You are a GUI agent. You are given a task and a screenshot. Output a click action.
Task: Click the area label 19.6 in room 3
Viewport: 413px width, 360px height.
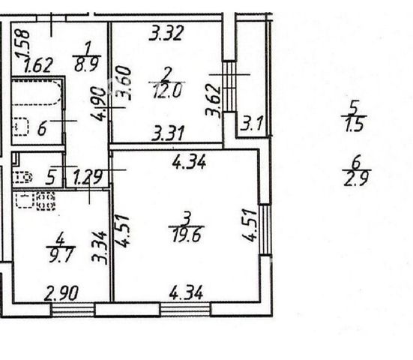tap(187, 235)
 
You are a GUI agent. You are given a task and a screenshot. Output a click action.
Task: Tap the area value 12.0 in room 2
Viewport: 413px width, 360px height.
tap(167, 91)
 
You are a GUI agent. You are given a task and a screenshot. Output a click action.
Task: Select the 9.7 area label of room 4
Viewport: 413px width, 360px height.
tap(61, 254)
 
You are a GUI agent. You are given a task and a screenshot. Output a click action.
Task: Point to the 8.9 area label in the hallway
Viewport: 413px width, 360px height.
tap(87, 64)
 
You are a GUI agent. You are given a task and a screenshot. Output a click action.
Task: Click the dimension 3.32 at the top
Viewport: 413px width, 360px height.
tap(166, 33)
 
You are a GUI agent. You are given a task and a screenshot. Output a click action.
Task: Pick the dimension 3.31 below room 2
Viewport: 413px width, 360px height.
tap(168, 133)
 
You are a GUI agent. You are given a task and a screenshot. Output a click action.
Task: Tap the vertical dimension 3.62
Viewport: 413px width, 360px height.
tap(213, 100)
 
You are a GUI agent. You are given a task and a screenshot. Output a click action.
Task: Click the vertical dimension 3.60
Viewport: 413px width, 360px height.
tap(124, 82)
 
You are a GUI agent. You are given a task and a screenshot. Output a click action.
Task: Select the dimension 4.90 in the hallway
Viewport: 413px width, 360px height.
tap(98, 104)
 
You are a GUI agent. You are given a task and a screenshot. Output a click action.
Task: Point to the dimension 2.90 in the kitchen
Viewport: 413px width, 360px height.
tap(61, 293)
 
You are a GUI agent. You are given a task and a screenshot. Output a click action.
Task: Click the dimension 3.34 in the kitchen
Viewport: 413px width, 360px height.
tap(99, 247)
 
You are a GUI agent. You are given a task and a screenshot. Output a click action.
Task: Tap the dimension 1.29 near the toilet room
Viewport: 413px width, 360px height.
tap(88, 177)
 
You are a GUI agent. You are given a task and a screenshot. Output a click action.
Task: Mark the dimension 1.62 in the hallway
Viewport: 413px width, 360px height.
tap(38, 65)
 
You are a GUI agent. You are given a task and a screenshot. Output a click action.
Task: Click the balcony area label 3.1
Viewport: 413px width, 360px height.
tap(252, 124)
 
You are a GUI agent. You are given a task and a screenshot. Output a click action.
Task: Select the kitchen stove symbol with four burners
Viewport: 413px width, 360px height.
tap(46, 201)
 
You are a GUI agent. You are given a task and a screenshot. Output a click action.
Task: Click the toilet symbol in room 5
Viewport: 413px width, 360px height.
tap(22, 177)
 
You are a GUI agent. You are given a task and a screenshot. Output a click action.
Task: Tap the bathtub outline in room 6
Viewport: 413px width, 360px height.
tap(37, 92)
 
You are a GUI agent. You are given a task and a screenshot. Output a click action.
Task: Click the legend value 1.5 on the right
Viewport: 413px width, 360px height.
tap(355, 124)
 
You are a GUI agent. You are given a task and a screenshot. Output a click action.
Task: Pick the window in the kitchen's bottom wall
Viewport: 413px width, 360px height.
tap(73, 310)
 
